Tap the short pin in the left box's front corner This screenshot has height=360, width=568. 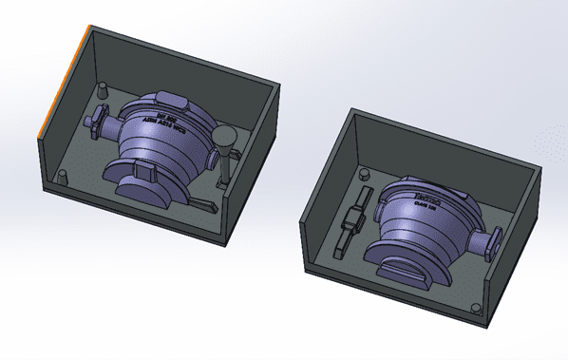63,178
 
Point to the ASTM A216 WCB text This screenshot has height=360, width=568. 158,123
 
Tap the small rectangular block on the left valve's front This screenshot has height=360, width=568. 145,170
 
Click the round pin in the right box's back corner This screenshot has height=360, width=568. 363,175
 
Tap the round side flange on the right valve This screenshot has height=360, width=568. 492,244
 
